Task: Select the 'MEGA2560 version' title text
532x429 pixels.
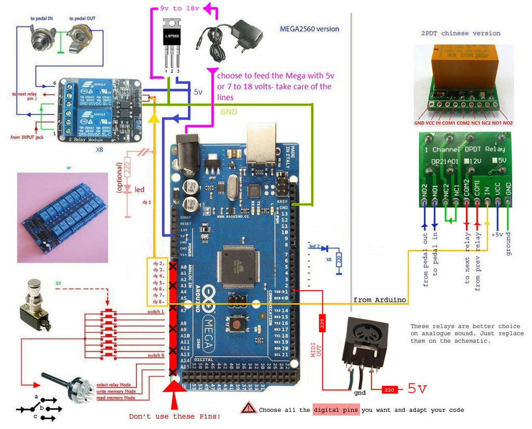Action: tap(309, 29)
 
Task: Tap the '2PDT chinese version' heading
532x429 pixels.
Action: tap(460, 33)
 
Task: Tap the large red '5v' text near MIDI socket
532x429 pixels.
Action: tap(417, 388)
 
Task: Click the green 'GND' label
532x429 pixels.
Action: tap(229, 112)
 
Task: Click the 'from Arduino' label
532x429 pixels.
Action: tap(380, 300)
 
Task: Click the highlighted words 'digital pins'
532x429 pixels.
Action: tap(336, 410)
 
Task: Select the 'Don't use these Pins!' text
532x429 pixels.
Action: tap(174, 416)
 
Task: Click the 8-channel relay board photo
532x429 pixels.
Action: tap(62, 217)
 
